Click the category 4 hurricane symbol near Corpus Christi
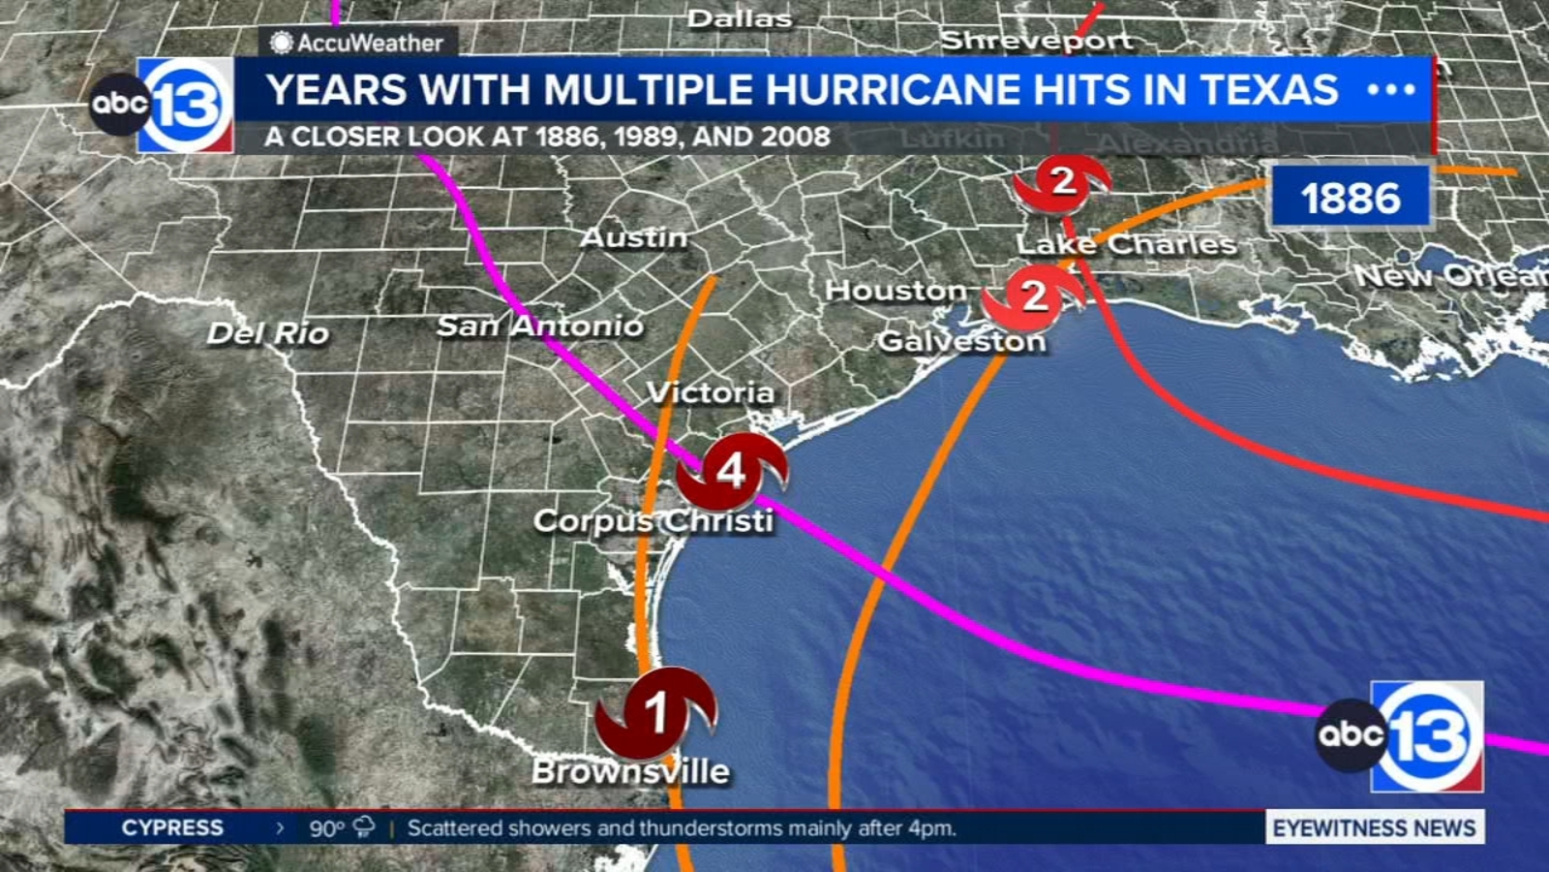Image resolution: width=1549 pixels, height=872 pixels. (731, 472)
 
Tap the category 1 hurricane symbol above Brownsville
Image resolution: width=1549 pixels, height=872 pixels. (656, 714)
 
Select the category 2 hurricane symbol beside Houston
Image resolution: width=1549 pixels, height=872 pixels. (1034, 296)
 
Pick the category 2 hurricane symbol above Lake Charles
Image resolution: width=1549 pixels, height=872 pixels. (1062, 181)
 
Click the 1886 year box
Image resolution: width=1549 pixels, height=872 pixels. (1351, 198)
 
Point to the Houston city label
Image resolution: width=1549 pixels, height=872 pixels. (896, 290)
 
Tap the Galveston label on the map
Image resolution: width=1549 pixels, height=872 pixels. (961, 341)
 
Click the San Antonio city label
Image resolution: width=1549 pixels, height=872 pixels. (539, 326)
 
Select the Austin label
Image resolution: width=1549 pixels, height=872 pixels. (634, 237)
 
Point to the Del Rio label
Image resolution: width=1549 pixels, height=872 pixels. (268, 333)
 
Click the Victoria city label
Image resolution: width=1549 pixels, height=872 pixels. (711, 392)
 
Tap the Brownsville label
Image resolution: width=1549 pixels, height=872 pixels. (630, 771)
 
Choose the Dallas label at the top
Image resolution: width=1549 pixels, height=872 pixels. (740, 18)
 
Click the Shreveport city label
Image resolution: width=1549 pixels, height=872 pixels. (1037, 41)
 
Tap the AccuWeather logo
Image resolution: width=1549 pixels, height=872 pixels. (357, 43)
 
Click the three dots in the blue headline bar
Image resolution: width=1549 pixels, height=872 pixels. (1391, 90)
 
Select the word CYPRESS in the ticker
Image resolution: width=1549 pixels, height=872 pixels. (172, 827)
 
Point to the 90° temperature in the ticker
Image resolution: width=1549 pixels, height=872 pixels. (327, 828)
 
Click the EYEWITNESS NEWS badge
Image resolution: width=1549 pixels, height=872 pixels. (1374, 827)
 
